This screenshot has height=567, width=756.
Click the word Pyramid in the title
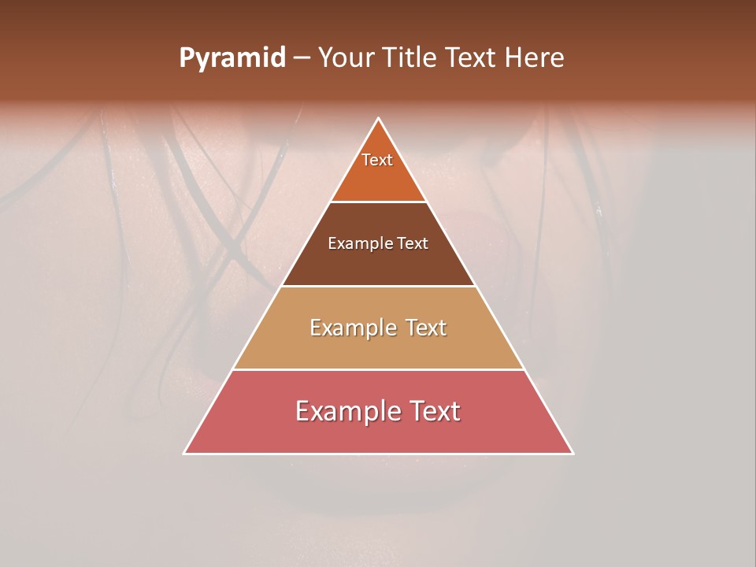click(232, 58)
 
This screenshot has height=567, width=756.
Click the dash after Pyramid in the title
click(302, 58)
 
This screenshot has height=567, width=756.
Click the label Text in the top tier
click(377, 160)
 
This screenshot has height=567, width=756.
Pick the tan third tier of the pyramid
click(378, 350)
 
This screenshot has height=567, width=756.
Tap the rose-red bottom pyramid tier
click(378, 435)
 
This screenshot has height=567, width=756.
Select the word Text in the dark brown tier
click(413, 244)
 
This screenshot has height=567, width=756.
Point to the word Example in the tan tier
click(352, 328)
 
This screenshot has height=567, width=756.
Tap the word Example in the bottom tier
click(346, 411)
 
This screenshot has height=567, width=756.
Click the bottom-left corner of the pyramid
click(185, 453)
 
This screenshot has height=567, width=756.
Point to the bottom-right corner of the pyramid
click(573, 453)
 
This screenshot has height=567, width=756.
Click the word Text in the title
click(471, 58)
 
